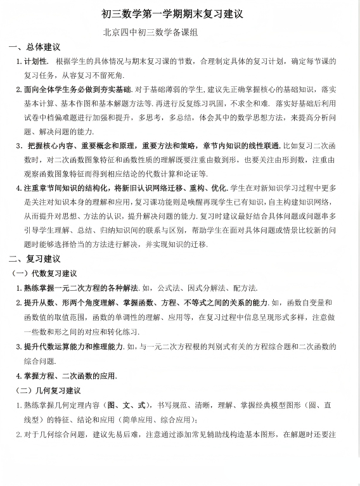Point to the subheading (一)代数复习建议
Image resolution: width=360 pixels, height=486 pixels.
point(45,273)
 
